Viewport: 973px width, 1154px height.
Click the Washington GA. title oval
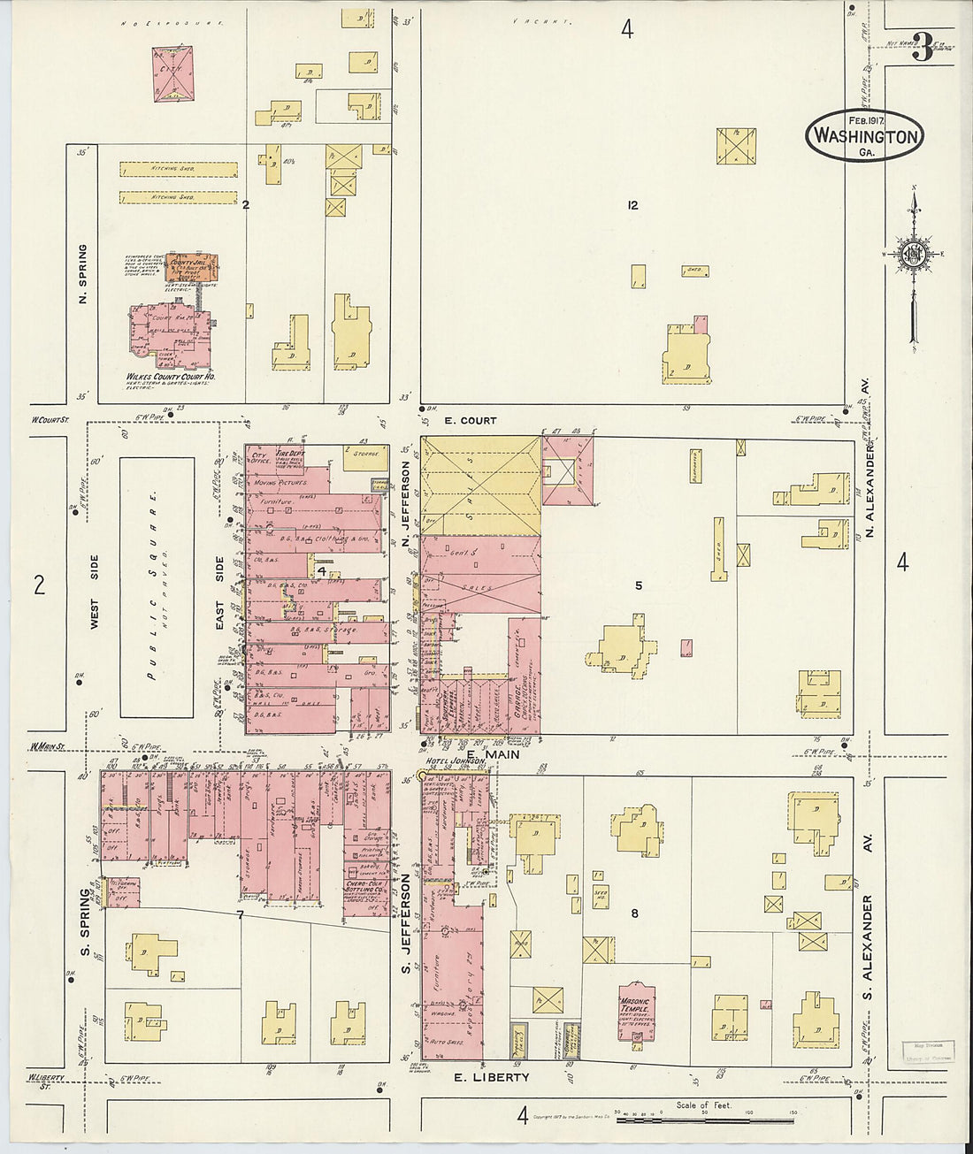tap(864, 136)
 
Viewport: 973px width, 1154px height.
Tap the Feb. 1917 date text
tap(867, 120)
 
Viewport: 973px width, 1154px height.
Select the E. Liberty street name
tap(491, 1077)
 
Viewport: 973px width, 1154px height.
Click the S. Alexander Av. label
tap(867, 946)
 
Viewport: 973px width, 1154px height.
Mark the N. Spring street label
tap(82, 274)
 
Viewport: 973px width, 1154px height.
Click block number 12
tap(632, 205)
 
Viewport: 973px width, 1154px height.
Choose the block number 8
tap(633, 913)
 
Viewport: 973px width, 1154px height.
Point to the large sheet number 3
tap(921, 49)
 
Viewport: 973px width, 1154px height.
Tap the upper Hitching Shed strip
tap(179, 168)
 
